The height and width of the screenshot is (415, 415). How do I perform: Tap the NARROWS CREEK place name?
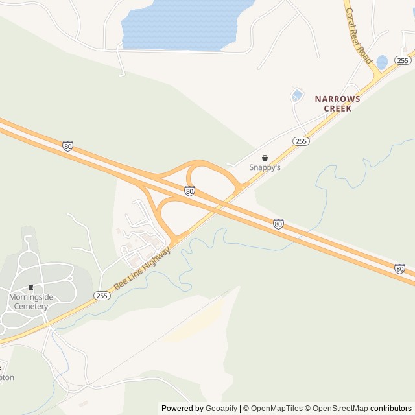(337, 104)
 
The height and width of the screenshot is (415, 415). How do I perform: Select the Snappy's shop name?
(265, 167)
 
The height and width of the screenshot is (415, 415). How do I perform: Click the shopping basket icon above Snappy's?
(265, 158)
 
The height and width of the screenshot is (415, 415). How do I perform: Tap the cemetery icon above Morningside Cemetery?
(30, 288)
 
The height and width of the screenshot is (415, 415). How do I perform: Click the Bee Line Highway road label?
(142, 267)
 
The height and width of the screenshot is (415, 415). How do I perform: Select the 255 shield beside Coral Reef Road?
(402, 60)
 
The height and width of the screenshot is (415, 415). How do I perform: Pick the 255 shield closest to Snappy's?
(300, 141)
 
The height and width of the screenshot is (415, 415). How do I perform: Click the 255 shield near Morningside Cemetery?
(101, 296)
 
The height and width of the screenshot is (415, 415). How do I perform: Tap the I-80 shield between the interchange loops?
(189, 191)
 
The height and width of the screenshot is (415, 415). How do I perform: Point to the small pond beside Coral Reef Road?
(382, 62)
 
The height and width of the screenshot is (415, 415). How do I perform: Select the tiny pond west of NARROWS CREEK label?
(297, 96)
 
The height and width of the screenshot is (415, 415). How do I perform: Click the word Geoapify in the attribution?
(221, 409)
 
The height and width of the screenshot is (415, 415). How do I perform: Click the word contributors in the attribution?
(391, 409)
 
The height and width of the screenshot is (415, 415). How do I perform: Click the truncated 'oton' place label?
(6, 377)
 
